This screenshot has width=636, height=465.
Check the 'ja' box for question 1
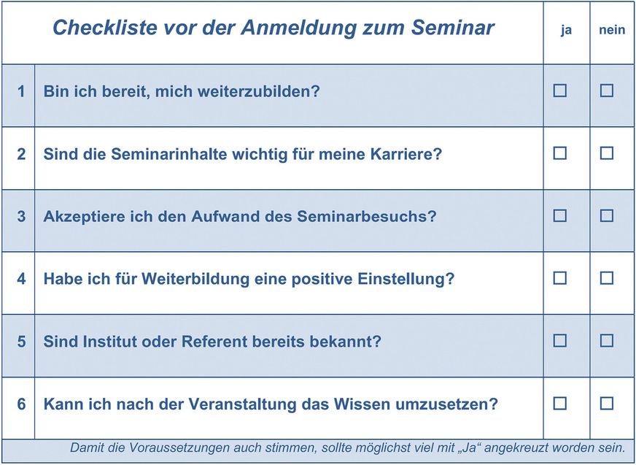coord(559,91)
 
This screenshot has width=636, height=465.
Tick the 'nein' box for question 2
coord(606,153)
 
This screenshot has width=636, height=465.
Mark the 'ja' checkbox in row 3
coord(559,215)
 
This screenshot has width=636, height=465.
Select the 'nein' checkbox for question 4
coord(606,278)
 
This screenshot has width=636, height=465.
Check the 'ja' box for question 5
coord(559,341)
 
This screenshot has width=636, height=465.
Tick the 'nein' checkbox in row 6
coord(606,403)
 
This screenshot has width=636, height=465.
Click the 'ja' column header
coord(566,31)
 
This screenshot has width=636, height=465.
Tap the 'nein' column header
coord(612,30)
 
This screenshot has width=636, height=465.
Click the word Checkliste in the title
coord(105,28)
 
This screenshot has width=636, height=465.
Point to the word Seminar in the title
coord(453,28)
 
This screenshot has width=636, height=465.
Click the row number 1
coord(21,91)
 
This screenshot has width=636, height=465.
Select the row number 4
coord(21,279)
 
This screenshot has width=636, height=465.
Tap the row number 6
coord(21,404)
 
